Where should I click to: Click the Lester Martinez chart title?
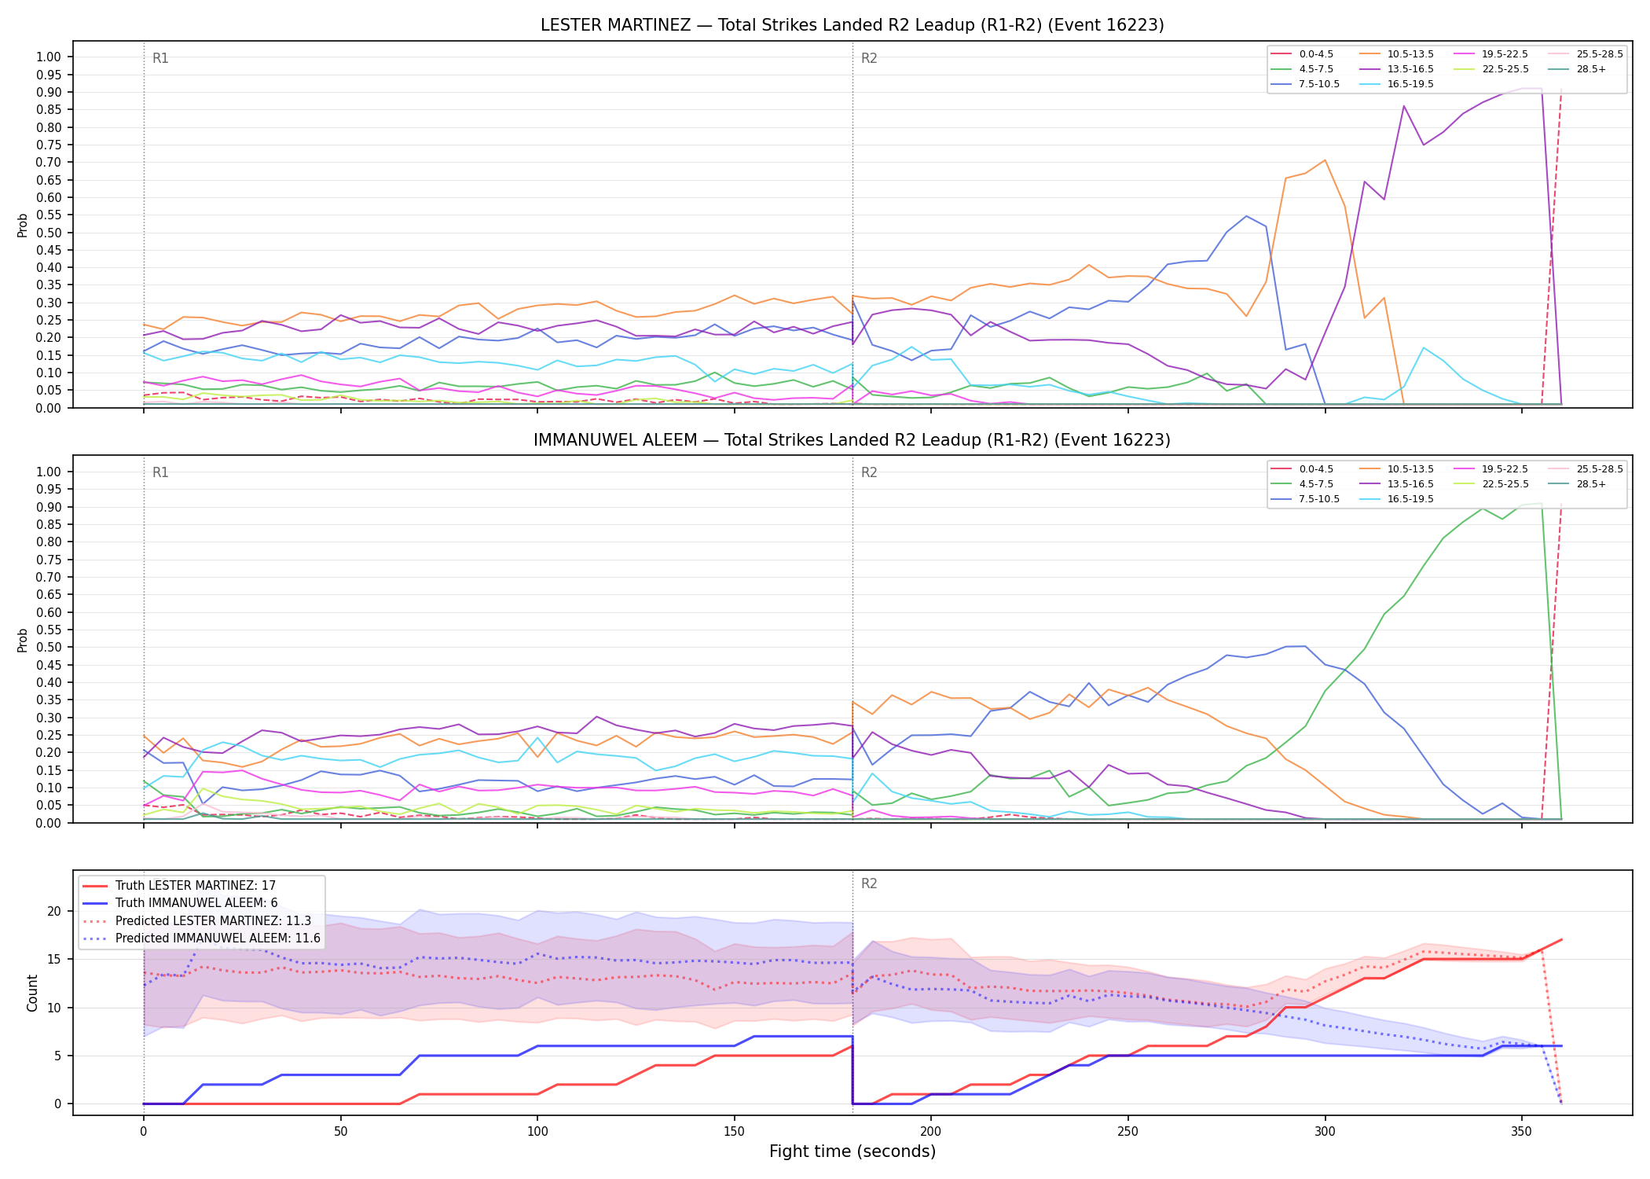click(x=852, y=25)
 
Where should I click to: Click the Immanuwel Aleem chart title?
click(x=852, y=440)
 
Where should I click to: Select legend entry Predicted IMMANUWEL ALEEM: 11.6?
click(x=201, y=938)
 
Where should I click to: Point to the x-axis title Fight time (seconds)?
click(x=852, y=1152)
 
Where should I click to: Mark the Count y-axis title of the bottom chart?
click(x=32, y=993)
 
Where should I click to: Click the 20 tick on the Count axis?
click(x=54, y=912)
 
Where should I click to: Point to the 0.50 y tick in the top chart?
click(x=49, y=233)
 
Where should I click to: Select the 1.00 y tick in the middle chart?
click(x=49, y=472)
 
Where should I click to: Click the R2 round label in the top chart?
click(x=869, y=59)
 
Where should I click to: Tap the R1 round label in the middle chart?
click(x=160, y=473)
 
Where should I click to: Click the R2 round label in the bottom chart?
click(x=869, y=884)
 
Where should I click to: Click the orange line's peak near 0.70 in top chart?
click(x=1325, y=160)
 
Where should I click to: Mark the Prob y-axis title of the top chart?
click(x=23, y=225)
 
